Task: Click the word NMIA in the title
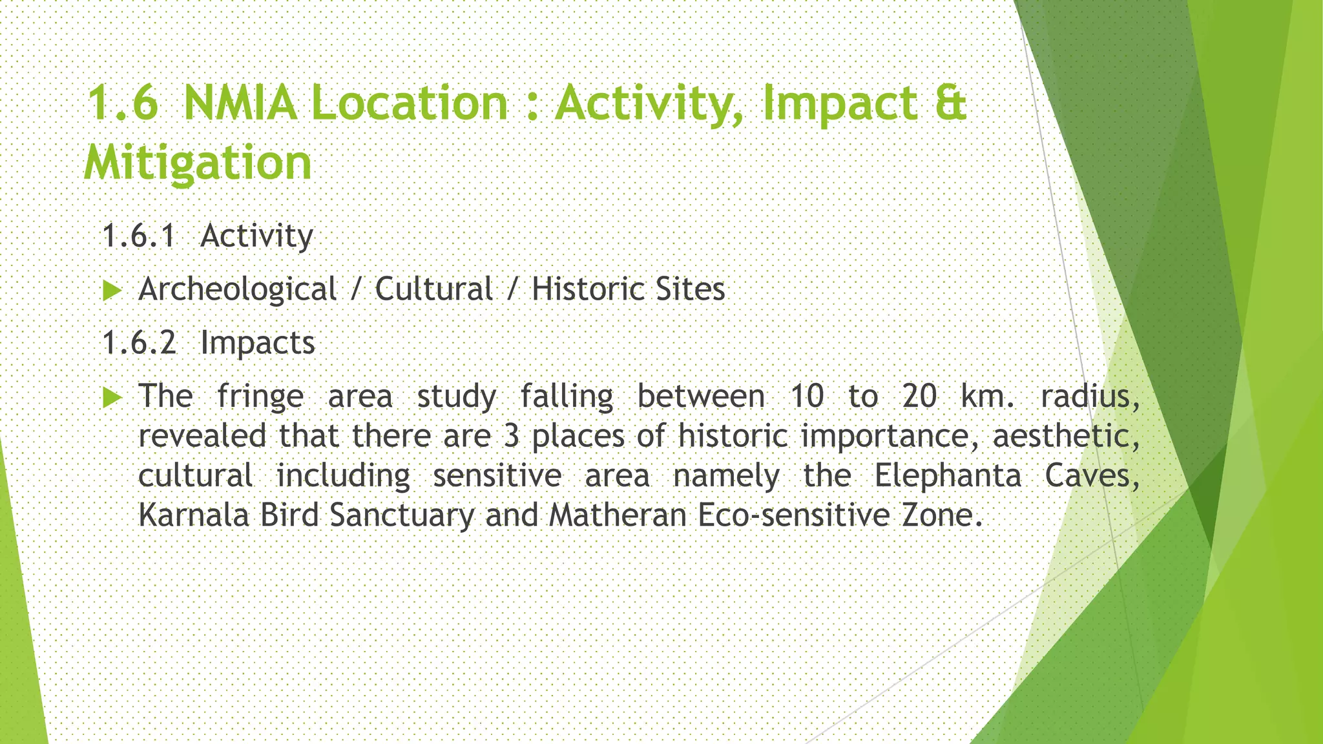240,103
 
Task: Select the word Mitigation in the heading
198,163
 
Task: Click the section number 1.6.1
139,236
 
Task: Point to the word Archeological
237,289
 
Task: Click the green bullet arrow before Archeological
112,291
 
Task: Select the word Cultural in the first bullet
433,289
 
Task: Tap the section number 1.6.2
139,342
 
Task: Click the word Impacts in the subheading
258,343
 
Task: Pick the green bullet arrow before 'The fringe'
112,397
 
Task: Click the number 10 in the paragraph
807,397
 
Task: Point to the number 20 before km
919,397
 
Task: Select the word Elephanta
948,477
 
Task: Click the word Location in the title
410,103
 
